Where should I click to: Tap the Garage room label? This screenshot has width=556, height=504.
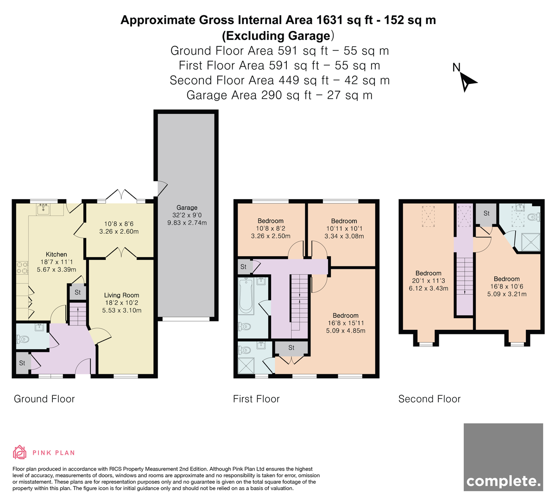(x=187, y=208)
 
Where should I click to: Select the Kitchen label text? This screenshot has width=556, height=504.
(x=56, y=254)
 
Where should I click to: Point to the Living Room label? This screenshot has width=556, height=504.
(x=121, y=295)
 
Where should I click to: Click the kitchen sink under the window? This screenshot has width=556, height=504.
(x=43, y=209)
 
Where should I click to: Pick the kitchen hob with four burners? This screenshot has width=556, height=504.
(x=22, y=268)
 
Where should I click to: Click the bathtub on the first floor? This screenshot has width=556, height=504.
(x=246, y=296)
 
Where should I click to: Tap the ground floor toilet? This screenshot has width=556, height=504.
(x=23, y=339)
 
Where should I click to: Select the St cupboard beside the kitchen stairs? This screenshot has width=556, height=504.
(x=77, y=292)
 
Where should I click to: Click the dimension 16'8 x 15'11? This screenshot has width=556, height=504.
(x=345, y=323)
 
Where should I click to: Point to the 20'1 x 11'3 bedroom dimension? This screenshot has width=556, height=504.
(x=428, y=281)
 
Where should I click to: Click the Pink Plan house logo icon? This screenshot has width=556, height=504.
(x=19, y=453)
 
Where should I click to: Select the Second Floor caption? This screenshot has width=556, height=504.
(x=430, y=399)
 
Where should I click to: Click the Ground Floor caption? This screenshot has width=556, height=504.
(x=44, y=399)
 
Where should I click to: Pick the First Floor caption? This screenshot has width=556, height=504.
(x=256, y=399)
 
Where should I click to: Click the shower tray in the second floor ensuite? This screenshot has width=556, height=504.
(x=531, y=242)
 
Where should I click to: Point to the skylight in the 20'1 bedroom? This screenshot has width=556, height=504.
(x=428, y=216)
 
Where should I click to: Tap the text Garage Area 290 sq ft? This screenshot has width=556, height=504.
(x=249, y=95)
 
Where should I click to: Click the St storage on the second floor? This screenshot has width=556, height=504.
(x=486, y=214)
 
